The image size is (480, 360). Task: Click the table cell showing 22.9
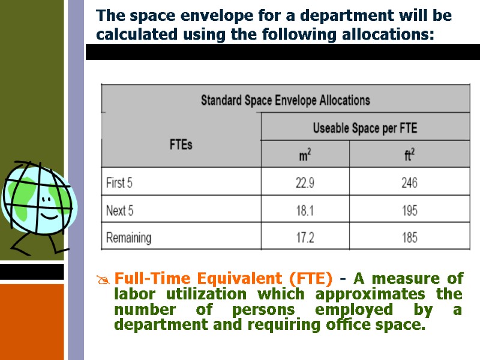tap(305, 183)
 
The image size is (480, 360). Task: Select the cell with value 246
tap(409, 183)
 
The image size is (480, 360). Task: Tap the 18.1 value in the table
tap(305, 211)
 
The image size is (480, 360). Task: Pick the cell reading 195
tap(409, 211)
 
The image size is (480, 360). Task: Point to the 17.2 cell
tap(305, 238)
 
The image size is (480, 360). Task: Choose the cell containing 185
tap(409, 238)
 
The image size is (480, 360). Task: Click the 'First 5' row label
tap(120, 183)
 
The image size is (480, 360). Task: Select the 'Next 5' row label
tap(119, 211)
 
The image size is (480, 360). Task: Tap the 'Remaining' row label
tap(128, 238)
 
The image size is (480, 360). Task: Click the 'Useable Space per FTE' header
tap(364, 128)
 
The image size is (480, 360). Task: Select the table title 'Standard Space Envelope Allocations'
tap(285, 100)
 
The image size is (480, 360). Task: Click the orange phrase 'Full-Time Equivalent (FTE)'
tap(223, 278)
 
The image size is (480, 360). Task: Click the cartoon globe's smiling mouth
tap(47, 214)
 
